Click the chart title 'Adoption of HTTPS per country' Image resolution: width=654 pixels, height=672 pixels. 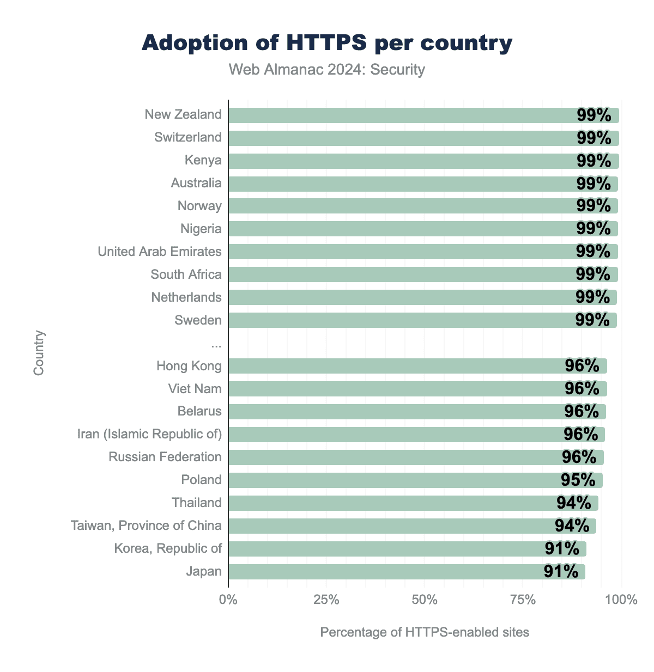click(x=327, y=43)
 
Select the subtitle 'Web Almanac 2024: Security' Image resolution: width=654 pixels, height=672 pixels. click(x=327, y=70)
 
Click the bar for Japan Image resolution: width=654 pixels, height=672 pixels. click(x=381, y=572)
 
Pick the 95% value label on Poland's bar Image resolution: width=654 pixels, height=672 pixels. click(x=578, y=480)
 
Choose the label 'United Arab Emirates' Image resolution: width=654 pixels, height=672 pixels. click(x=160, y=252)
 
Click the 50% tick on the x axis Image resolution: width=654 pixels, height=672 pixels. click(x=425, y=600)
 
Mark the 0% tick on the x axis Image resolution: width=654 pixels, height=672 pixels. click(x=228, y=600)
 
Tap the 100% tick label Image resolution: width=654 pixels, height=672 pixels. click(x=621, y=600)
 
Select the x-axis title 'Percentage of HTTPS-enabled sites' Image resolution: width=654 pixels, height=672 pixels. click(x=425, y=632)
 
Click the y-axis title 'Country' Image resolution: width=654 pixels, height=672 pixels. click(x=39, y=353)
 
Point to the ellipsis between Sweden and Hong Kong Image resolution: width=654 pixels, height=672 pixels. click(x=216, y=344)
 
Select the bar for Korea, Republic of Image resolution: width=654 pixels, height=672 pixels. click(x=381, y=549)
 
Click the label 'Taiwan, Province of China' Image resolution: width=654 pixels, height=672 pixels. click(x=146, y=526)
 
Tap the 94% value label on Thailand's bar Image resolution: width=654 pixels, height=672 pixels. click(x=573, y=503)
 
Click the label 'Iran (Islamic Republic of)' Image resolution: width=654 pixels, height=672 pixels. click(x=150, y=434)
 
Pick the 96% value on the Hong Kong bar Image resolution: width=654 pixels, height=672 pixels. click(x=582, y=365)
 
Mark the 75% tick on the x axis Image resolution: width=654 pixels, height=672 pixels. click(x=523, y=600)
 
